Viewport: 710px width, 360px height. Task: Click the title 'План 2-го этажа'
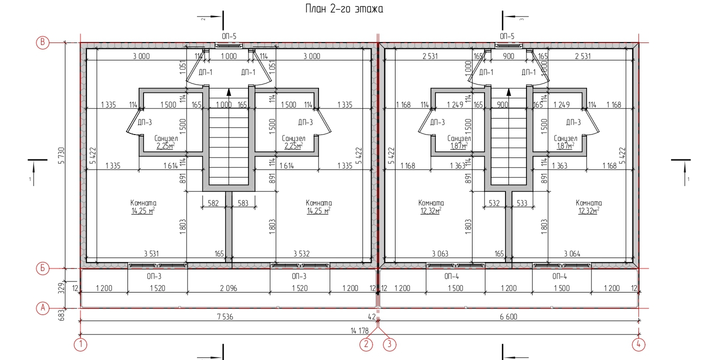pos(344,8)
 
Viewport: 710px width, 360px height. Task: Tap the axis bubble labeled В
pos(42,42)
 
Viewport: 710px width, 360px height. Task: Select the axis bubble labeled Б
pos(42,268)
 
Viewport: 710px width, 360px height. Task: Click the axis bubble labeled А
pos(42,308)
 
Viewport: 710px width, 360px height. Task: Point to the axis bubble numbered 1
pos(80,344)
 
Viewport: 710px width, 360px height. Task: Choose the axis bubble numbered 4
pos(638,344)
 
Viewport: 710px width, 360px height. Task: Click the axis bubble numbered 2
pos(366,344)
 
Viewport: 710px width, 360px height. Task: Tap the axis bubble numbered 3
pos(389,344)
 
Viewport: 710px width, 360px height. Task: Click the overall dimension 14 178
pos(359,331)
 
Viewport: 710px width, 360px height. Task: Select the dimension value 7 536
pos(225,316)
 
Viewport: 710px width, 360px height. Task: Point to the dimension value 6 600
pos(508,316)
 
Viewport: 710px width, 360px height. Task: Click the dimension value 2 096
pos(228,288)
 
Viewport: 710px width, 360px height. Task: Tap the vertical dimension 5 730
pos(61,155)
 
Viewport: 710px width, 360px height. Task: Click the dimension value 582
pos(213,203)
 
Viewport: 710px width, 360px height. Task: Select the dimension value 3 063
pos(440,253)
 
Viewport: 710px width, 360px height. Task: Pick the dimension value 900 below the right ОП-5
pos(508,56)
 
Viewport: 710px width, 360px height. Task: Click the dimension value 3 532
pos(301,253)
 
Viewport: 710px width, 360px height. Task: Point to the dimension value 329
pos(61,287)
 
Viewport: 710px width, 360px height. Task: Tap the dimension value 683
pos(61,315)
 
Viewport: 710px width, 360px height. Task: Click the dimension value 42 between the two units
pos(372,316)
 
